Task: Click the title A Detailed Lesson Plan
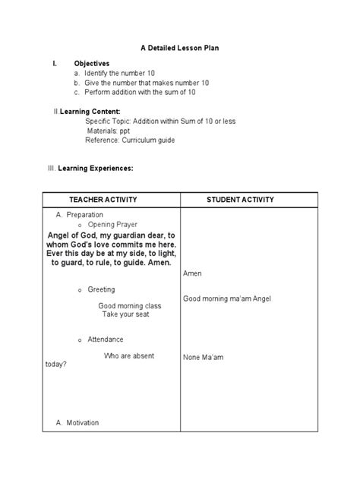(179, 48)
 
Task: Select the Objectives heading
(91, 63)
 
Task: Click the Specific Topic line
(159, 122)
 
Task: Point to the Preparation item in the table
(84, 216)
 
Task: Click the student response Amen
(192, 273)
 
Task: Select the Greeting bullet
(101, 289)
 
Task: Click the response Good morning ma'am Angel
(226, 298)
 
